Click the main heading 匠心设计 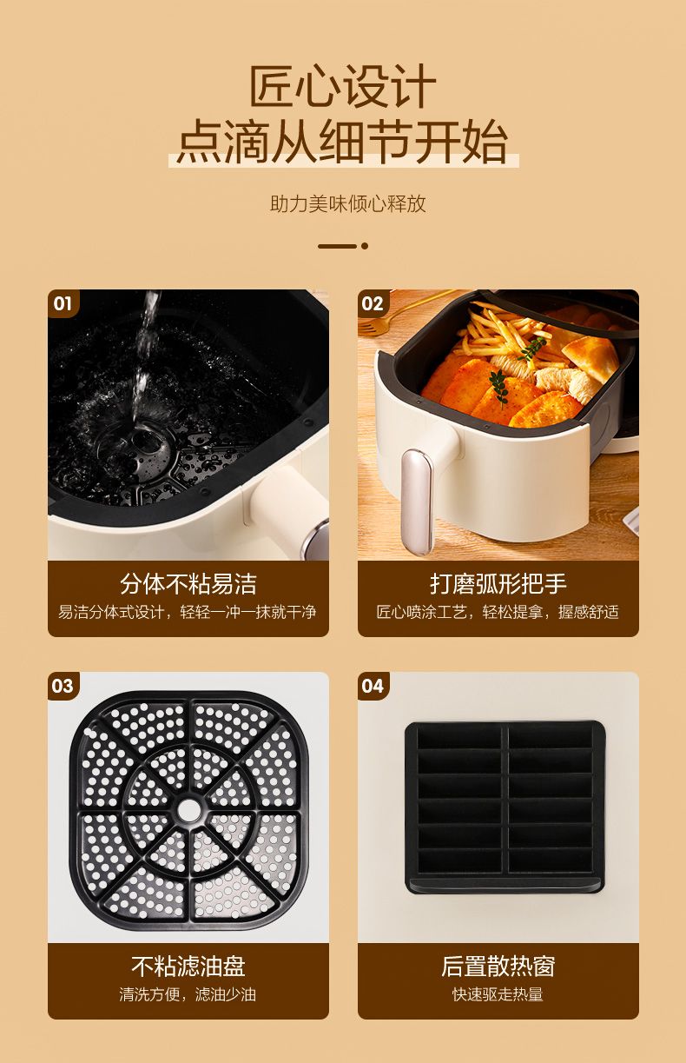click(x=342, y=87)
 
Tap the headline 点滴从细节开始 click(x=343, y=142)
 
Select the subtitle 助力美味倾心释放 click(x=348, y=203)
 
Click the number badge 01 click(x=63, y=303)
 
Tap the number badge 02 click(x=373, y=303)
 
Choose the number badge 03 click(x=63, y=686)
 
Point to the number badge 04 click(x=373, y=686)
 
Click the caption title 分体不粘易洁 click(x=188, y=584)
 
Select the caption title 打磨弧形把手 click(x=498, y=584)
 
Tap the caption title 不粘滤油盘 click(x=188, y=967)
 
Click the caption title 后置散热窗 click(x=498, y=967)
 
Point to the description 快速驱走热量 click(x=498, y=994)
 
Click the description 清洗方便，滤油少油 click(x=188, y=994)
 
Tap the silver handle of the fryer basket click(x=416, y=502)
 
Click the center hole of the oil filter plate click(x=189, y=811)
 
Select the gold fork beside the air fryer click(x=408, y=311)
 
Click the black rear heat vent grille click(x=505, y=807)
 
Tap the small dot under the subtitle click(x=365, y=246)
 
